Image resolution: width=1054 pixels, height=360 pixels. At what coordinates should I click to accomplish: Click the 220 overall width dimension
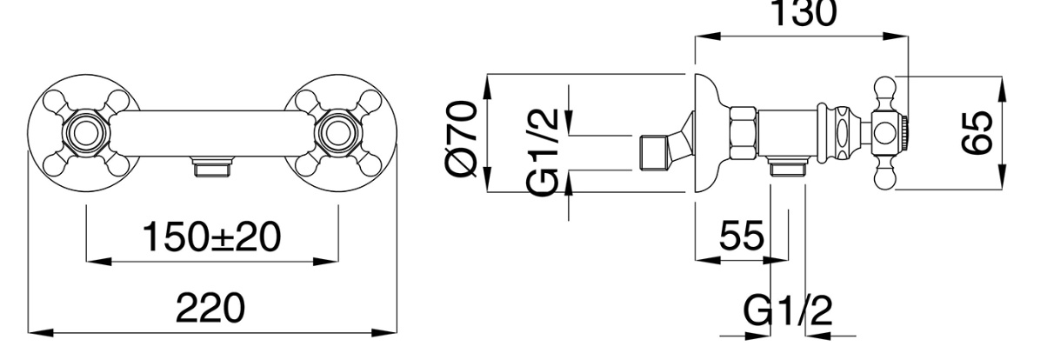pos(210,309)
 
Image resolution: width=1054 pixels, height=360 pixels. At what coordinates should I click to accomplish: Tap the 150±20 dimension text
pos(211,237)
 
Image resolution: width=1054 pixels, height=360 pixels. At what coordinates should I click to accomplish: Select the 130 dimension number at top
pos(804,13)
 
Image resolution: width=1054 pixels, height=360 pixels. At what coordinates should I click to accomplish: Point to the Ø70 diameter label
pos(462,138)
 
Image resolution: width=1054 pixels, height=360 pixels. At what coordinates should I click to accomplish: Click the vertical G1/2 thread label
pos(544,153)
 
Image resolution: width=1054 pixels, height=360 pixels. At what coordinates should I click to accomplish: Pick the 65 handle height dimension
pos(977,133)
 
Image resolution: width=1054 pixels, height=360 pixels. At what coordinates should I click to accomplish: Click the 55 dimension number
pos(742,235)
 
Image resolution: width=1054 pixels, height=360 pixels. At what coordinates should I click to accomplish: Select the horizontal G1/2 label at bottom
pos(788,310)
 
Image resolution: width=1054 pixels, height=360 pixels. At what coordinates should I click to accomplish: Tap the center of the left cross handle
pos(85,133)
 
